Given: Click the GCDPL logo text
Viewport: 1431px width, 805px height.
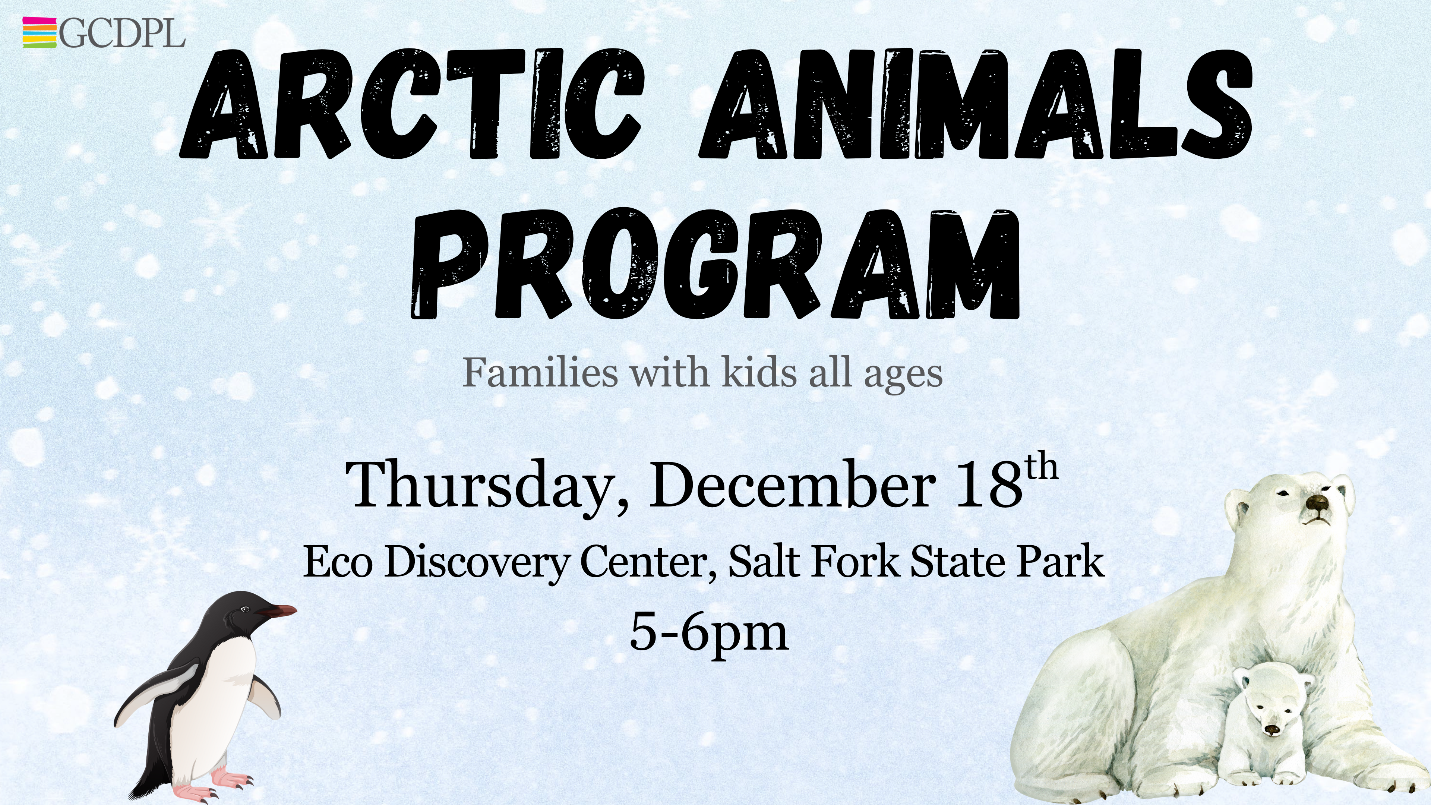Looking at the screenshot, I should tap(121, 33).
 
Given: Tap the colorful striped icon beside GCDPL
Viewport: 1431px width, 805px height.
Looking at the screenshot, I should tap(40, 32).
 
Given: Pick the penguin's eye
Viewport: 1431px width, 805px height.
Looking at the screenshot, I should tap(245, 610).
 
